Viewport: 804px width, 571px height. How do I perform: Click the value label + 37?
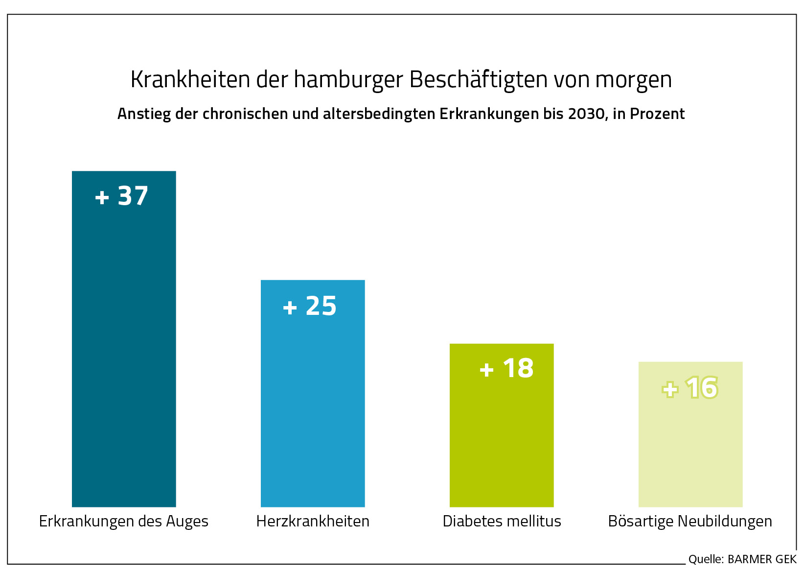click(122, 196)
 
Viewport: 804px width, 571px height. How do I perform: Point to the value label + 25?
click(310, 306)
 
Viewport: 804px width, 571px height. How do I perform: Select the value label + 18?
click(506, 368)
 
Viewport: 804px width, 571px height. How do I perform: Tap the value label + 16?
click(690, 388)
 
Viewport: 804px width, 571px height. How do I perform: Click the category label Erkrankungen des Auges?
click(124, 521)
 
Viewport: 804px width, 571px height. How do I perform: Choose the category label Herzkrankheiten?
click(313, 521)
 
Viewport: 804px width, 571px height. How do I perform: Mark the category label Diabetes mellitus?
click(502, 521)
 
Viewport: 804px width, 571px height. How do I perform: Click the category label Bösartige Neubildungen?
click(690, 521)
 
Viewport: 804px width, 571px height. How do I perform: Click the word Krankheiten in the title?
click(190, 79)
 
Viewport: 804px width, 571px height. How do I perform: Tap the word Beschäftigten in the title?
click(478, 79)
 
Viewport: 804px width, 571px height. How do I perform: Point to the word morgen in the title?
click(633, 79)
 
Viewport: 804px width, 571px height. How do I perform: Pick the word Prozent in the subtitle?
click(657, 114)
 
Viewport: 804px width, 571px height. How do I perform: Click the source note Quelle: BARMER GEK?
click(742, 559)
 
